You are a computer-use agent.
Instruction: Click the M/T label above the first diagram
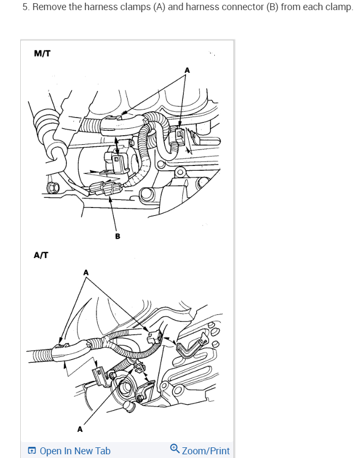(x=42, y=53)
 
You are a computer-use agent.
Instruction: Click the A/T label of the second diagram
(x=41, y=255)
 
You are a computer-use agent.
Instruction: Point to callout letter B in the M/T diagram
(x=118, y=236)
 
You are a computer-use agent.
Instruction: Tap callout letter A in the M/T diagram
(x=187, y=70)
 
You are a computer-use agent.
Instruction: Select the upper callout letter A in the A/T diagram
(x=86, y=273)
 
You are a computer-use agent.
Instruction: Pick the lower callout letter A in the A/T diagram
(x=80, y=428)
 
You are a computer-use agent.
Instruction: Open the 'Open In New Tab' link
(x=75, y=451)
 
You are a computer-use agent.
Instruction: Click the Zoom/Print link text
(x=206, y=451)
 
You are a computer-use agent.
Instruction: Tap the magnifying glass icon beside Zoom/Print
(x=175, y=450)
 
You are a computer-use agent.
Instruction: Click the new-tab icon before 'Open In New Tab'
(x=32, y=451)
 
